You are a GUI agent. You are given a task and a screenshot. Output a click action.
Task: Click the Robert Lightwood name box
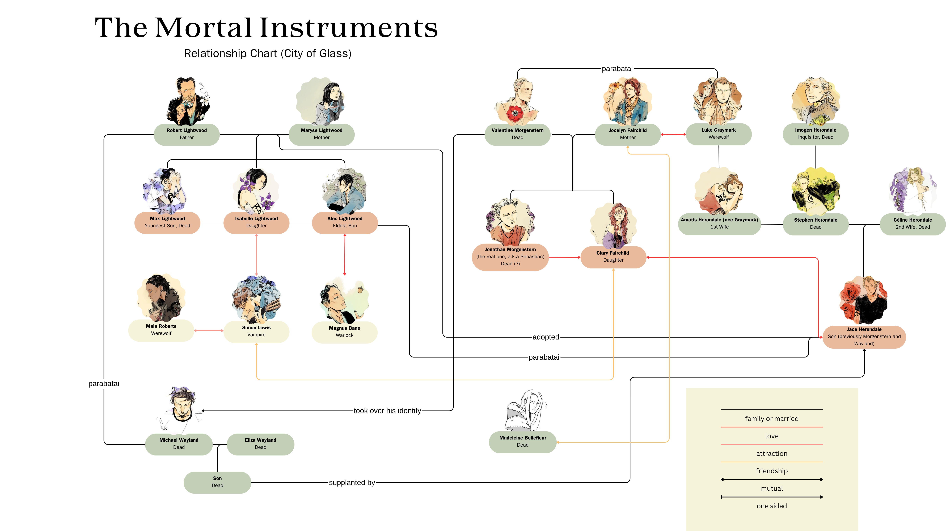pyautogui.click(x=187, y=134)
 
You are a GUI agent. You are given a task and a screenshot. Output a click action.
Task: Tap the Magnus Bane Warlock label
pyautogui.click(x=344, y=332)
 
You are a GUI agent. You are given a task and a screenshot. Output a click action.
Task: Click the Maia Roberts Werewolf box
pyautogui.click(x=161, y=330)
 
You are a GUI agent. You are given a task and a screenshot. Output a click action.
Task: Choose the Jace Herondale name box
pyautogui.click(x=864, y=337)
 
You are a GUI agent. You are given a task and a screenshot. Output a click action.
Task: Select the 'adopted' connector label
pyautogui.click(x=546, y=337)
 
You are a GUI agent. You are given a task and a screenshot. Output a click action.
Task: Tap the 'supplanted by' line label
pyautogui.click(x=352, y=483)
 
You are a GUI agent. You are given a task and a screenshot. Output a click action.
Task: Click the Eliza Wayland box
pyautogui.click(x=260, y=444)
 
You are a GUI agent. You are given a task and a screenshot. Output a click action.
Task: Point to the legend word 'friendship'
pyautogui.click(x=772, y=471)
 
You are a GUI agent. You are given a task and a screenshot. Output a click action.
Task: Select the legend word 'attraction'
pyautogui.click(x=772, y=453)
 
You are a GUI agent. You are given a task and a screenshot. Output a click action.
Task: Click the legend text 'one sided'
pyautogui.click(x=772, y=506)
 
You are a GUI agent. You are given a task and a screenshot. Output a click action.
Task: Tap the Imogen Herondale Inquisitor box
pyautogui.click(x=816, y=134)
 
